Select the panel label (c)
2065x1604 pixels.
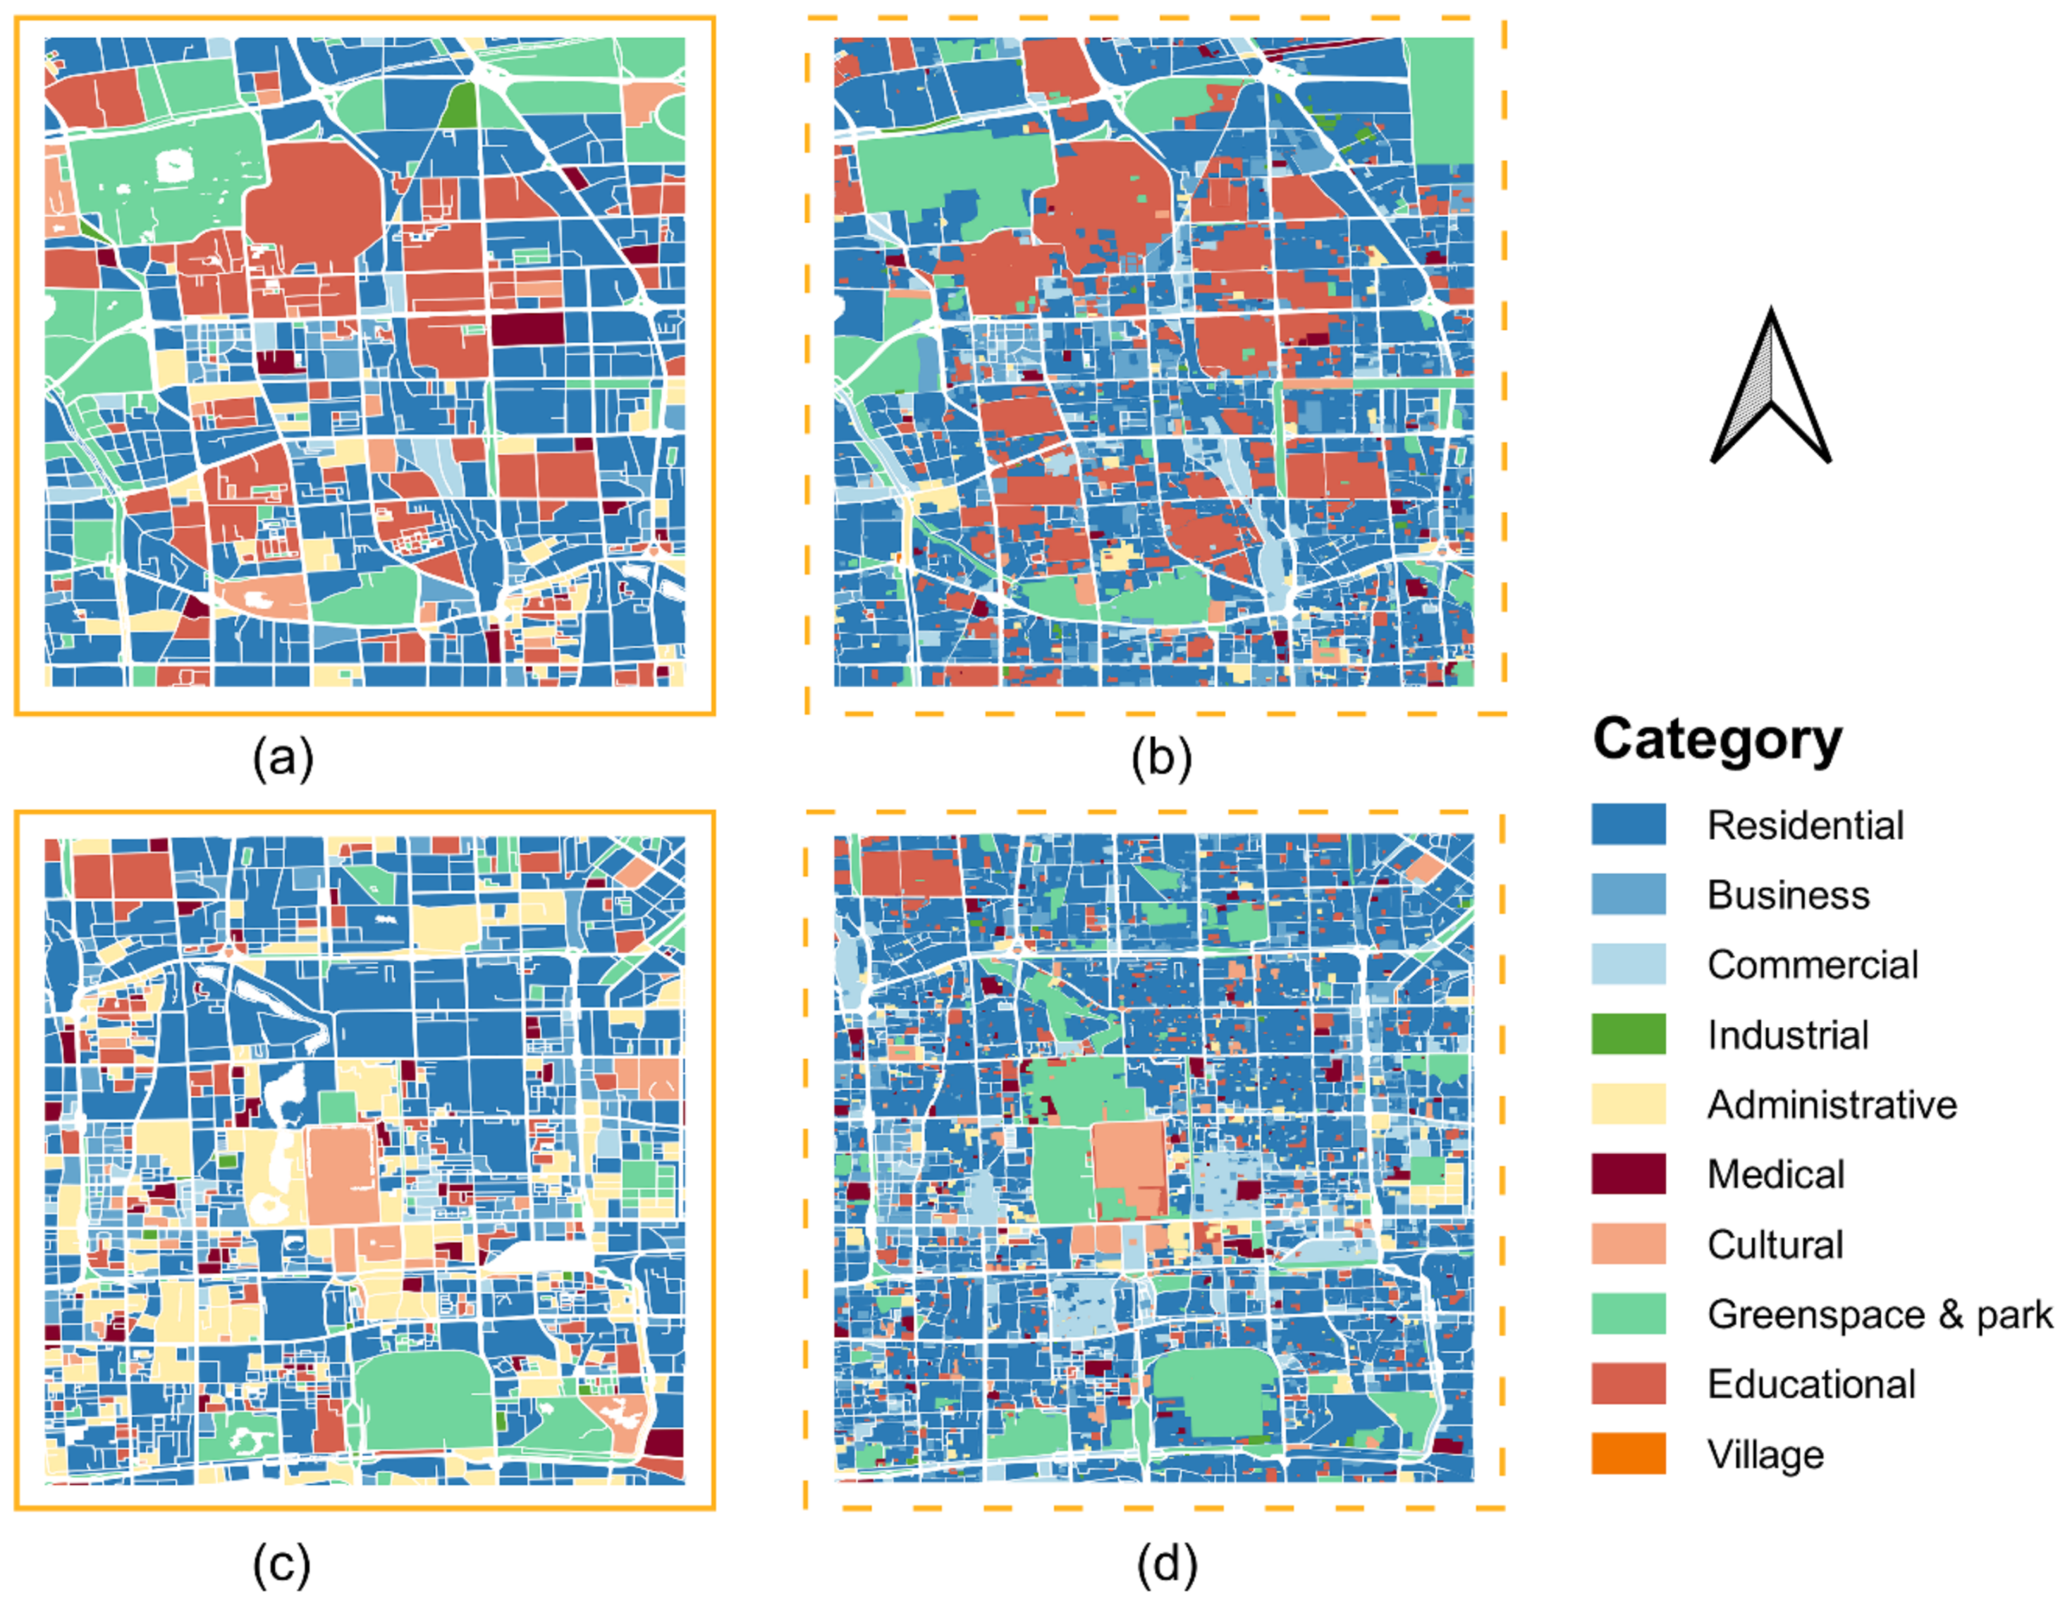tap(282, 1565)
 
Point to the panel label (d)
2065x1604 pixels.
tap(1167, 1565)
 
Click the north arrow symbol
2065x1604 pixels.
tap(1770, 388)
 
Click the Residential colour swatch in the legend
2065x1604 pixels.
tap(1628, 825)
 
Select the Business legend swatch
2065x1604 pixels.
tap(1628, 894)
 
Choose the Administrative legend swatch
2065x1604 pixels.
tap(1628, 1105)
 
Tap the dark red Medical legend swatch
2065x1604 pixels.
tap(1628, 1174)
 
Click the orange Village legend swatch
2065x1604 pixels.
tap(1628, 1454)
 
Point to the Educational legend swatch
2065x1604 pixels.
tap(1628, 1385)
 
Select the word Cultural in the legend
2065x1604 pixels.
tap(1775, 1244)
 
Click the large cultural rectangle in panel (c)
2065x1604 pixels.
tap(342, 1177)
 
